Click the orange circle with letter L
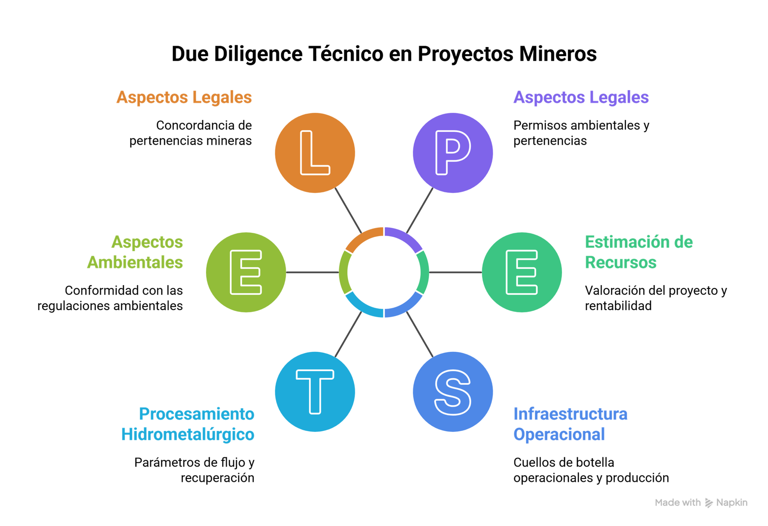click(x=315, y=153)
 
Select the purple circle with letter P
click(x=453, y=153)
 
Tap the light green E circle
click(x=246, y=272)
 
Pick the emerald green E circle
click(x=522, y=272)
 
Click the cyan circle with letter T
click(x=315, y=392)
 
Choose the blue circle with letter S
click(x=453, y=392)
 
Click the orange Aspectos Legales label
click(x=184, y=97)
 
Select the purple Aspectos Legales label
click(x=581, y=97)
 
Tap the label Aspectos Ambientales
click(x=135, y=252)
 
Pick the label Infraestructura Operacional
click(x=570, y=424)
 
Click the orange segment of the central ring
click(x=363, y=237)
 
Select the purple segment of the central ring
click(x=405, y=237)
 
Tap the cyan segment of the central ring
click(x=363, y=308)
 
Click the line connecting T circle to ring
click(x=348, y=334)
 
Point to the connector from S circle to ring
click(x=420, y=334)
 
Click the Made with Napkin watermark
click(x=700, y=502)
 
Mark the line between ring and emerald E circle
click(x=455, y=272)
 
